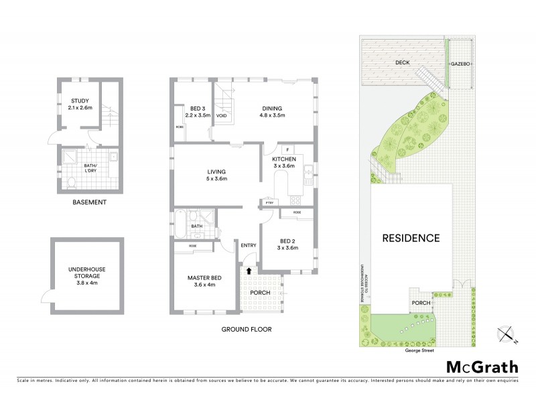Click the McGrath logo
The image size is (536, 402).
[482, 366]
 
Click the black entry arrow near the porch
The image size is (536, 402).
[249, 271]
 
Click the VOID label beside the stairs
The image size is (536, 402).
[221, 115]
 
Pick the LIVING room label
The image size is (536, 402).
[216, 175]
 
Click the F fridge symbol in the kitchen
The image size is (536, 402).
[286, 149]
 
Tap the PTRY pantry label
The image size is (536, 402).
[269, 201]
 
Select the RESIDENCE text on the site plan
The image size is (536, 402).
[411, 237]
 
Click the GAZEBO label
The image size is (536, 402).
[458, 62]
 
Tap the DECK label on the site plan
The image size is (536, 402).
[402, 62]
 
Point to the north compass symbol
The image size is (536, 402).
[507, 334]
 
